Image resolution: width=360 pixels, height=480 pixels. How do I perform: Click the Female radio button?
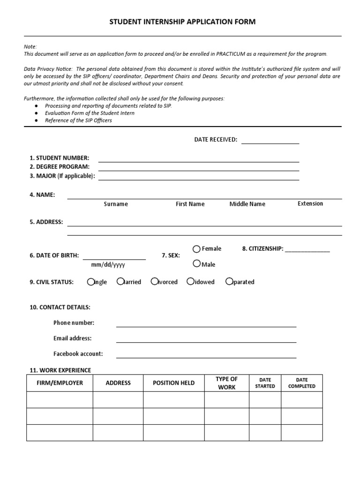[x=197, y=249]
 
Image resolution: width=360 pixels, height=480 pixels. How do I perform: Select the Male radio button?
[x=197, y=264]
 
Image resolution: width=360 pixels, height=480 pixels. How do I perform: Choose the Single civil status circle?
[x=91, y=282]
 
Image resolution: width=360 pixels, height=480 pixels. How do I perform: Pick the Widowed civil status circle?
[x=190, y=282]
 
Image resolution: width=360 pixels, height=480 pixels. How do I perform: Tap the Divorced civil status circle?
[x=154, y=282]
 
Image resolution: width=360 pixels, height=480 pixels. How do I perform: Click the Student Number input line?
[x=198, y=160]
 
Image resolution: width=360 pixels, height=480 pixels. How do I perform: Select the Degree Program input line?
[x=198, y=169]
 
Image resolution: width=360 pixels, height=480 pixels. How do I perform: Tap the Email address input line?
[x=206, y=341]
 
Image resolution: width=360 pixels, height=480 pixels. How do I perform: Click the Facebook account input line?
[x=206, y=356]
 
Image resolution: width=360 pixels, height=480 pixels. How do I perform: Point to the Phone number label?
[x=74, y=322]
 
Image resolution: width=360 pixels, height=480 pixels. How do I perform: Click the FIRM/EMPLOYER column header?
[x=60, y=383]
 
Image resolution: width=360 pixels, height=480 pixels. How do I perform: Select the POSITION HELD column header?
[x=173, y=383]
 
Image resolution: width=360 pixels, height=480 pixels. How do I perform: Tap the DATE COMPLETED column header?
[x=301, y=383]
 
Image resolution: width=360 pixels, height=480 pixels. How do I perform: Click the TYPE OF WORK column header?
[x=226, y=383]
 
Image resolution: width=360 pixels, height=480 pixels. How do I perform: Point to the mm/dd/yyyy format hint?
[x=108, y=265]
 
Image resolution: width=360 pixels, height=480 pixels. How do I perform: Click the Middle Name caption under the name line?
[x=247, y=204]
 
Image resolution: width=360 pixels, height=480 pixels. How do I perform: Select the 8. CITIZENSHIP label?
[x=262, y=249]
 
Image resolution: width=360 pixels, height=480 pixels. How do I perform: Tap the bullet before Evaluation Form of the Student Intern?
[x=37, y=113]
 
